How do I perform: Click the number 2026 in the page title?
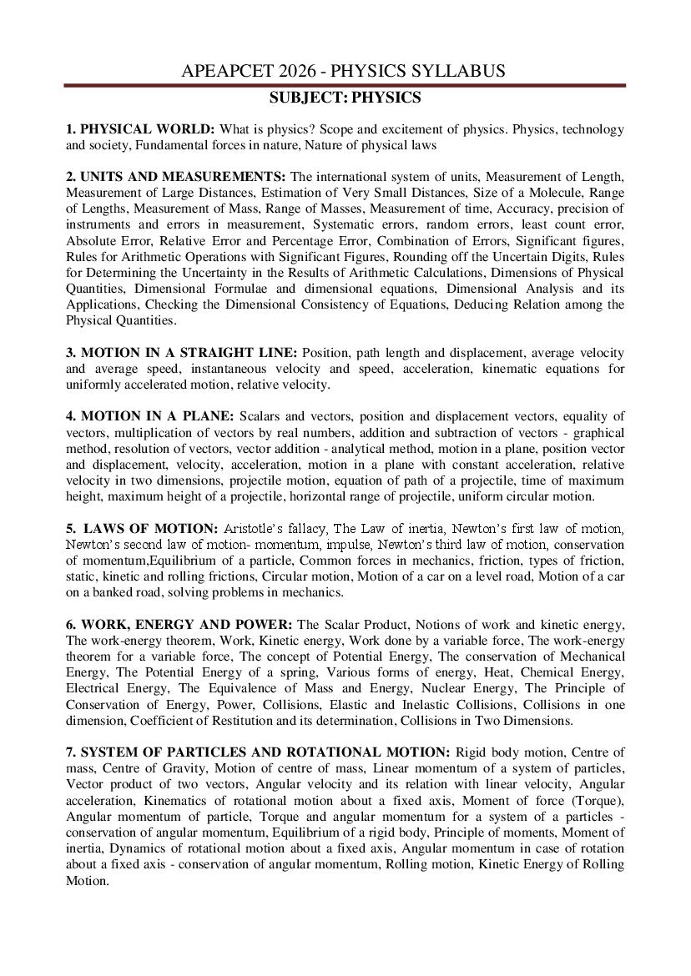(x=315, y=72)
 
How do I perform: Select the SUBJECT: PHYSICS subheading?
(x=345, y=98)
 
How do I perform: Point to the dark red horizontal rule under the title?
(x=345, y=85)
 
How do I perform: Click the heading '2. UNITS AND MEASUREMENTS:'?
(x=176, y=177)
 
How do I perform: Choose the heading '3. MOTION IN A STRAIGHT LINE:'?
(x=181, y=352)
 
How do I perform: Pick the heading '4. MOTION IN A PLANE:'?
(x=150, y=415)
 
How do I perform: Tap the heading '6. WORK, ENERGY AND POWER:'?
(x=179, y=624)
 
